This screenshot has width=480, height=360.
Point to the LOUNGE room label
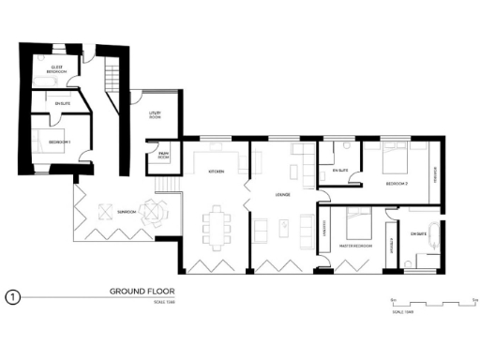click(x=281, y=194)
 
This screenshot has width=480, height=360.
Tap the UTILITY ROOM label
click(x=156, y=115)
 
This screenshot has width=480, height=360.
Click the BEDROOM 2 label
click(x=397, y=185)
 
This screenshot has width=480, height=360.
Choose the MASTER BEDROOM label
click(x=356, y=245)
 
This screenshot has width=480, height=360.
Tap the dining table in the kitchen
click(x=219, y=226)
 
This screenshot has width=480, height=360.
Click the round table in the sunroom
click(x=149, y=212)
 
